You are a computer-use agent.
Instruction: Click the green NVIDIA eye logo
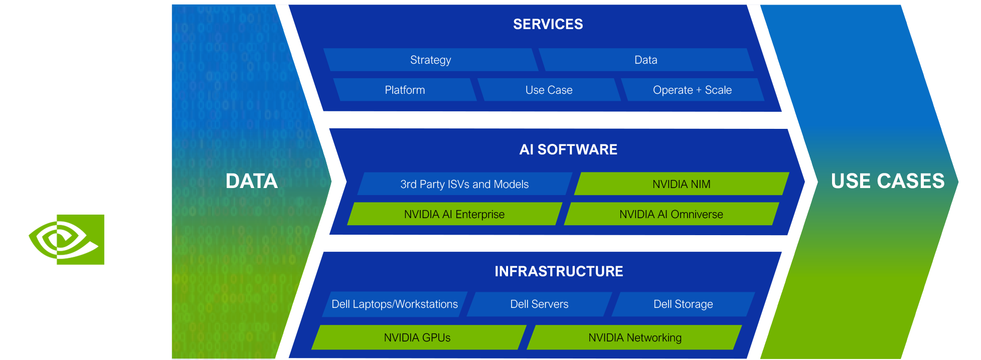tap(67, 240)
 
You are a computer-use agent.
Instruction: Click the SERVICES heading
tap(548, 24)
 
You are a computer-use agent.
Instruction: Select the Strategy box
tap(430, 60)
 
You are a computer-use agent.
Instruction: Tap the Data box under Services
tap(645, 60)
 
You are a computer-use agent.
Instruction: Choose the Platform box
tap(405, 90)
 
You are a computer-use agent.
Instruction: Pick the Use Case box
tap(549, 90)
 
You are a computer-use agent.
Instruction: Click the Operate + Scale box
tap(692, 90)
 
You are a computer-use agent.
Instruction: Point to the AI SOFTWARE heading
tap(568, 149)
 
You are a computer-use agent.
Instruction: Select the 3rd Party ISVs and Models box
tap(464, 184)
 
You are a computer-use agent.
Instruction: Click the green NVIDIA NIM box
tap(681, 184)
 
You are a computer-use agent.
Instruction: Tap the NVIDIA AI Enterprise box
tap(454, 214)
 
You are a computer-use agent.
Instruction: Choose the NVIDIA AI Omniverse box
tap(671, 214)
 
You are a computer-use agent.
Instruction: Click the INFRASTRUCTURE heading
tap(559, 271)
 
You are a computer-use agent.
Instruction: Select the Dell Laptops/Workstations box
tap(394, 304)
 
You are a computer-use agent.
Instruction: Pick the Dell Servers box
tap(539, 304)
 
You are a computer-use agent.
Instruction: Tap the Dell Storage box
tap(683, 304)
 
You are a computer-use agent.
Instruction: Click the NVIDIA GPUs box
tap(417, 337)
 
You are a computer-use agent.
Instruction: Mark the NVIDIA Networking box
tap(634, 337)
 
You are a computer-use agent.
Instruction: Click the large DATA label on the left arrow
tap(251, 181)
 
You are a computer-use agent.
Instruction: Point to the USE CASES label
tap(887, 181)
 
